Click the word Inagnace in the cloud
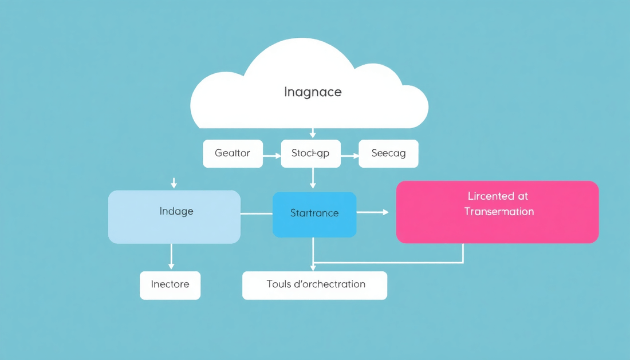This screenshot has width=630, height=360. (x=313, y=92)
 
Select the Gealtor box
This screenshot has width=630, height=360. (x=233, y=153)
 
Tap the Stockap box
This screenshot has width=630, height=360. (x=310, y=153)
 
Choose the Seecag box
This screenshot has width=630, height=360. (x=388, y=153)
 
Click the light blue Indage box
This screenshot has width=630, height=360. (x=174, y=216)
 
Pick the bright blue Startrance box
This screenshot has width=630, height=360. (x=314, y=214)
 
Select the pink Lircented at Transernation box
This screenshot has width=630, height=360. (x=497, y=212)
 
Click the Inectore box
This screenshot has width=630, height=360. (x=170, y=285)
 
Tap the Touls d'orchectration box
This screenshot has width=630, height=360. (x=314, y=285)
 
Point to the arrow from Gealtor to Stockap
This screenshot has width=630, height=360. (x=272, y=155)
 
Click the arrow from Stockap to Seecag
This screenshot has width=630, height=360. (x=349, y=155)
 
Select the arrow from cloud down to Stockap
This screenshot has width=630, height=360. (x=313, y=133)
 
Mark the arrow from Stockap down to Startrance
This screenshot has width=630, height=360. (x=313, y=178)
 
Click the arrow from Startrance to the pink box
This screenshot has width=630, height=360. (x=373, y=212)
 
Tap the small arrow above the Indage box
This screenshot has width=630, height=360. (x=174, y=183)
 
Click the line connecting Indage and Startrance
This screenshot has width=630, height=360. (x=256, y=213)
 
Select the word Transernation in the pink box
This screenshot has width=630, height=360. (x=499, y=212)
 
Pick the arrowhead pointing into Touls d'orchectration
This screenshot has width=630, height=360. (x=313, y=267)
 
